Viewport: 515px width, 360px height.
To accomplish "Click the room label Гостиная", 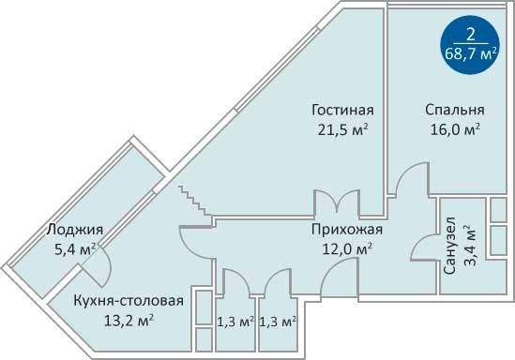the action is click(342, 110).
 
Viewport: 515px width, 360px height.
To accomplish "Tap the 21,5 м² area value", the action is click(342, 129).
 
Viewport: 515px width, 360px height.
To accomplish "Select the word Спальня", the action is click(455, 110).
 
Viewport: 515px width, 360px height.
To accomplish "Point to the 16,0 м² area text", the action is click(455, 129).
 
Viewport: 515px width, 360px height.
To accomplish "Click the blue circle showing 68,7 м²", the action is click(470, 45).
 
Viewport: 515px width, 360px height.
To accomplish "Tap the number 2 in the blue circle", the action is click(470, 35).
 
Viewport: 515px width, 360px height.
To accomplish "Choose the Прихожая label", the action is click(347, 230).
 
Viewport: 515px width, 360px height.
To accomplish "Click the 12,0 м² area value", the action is click(347, 248).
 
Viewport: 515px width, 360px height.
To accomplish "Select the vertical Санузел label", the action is click(449, 246).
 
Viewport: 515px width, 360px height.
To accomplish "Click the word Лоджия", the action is click(74, 230).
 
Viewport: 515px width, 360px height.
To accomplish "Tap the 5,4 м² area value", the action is click(75, 249).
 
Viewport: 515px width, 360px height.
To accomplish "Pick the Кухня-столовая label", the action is click(129, 301).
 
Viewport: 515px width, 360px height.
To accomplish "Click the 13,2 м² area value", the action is click(129, 321).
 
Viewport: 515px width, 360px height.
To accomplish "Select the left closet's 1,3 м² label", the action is click(235, 322).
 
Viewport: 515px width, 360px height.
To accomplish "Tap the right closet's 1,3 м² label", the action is click(278, 322).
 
